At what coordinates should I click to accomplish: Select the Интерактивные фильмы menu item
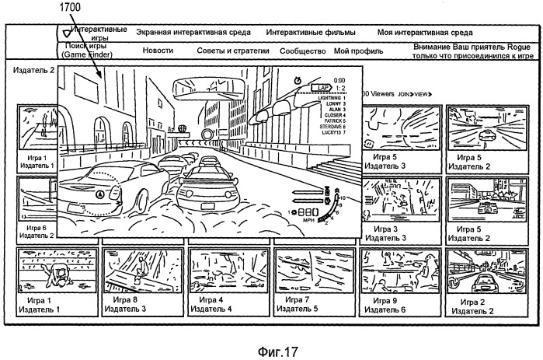click(311, 33)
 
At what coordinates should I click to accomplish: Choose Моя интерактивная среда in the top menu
click(425, 33)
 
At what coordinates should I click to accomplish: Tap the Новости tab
click(158, 51)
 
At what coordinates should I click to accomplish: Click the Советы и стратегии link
click(233, 51)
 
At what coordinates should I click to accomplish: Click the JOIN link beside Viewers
click(404, 93)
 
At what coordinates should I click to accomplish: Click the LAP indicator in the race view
click(318, 88)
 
